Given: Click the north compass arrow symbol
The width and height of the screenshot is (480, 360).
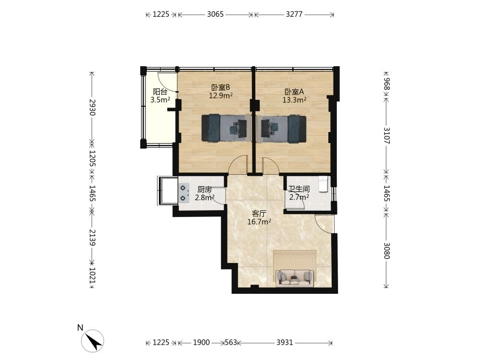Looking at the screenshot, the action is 93,341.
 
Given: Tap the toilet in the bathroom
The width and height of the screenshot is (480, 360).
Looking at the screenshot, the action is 323,184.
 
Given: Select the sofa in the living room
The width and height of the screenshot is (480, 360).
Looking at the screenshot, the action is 295,278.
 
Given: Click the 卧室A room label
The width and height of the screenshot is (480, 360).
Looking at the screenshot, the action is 294,92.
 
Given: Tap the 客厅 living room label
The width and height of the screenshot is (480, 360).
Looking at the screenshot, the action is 259,214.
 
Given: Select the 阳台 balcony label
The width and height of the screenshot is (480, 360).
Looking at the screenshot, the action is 160,92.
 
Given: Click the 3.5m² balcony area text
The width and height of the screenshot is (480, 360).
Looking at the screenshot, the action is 160,99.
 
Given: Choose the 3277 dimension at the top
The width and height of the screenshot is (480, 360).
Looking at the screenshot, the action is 294,14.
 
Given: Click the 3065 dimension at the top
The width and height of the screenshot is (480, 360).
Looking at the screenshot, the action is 215,14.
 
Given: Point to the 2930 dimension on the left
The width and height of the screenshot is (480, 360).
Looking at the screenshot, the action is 92,107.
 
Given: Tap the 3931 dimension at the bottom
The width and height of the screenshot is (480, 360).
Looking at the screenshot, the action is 285,342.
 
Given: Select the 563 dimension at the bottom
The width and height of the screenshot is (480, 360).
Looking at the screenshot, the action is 231,342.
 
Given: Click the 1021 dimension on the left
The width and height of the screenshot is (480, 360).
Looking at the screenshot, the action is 92,276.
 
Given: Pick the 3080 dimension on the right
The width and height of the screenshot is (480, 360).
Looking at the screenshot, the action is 386,251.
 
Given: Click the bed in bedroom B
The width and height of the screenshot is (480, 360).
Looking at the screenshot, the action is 227,128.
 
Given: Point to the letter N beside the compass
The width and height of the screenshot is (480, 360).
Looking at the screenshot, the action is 80,328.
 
